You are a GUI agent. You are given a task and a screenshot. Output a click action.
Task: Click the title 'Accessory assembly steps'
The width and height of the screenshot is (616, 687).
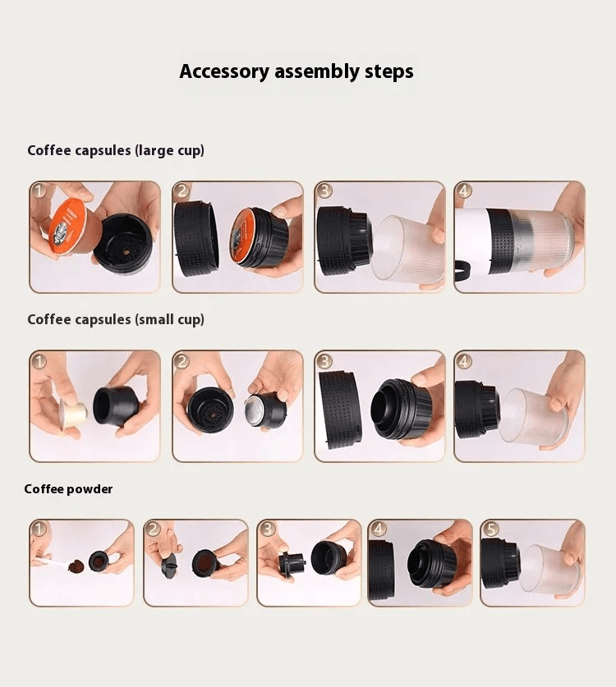click(296, 71)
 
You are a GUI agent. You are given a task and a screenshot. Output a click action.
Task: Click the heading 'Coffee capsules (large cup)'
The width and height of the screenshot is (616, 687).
click(116, 150)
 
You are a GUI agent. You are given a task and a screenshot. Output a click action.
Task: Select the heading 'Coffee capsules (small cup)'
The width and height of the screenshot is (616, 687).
click(116, 319)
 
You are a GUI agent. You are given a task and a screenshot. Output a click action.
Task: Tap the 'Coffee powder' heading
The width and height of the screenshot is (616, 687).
click(68, 489)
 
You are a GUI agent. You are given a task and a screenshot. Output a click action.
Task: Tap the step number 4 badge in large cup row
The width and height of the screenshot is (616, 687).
click(465, 191)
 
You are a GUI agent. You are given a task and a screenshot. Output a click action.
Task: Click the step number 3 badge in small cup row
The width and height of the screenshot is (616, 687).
click(324, 361)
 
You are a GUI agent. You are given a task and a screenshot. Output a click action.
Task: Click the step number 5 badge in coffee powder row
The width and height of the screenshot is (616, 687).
click(490, 529)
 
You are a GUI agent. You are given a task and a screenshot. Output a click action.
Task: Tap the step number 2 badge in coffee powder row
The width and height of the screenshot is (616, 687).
click(154, 529)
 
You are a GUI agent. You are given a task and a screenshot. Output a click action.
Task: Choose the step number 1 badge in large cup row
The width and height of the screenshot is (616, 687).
click(39, 191)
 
